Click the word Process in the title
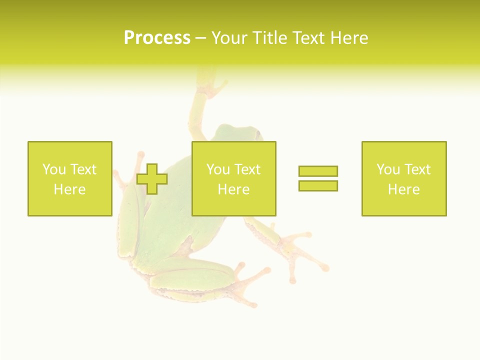(x=157, y=38)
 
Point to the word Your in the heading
(x=231, y=38)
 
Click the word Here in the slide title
(x=348, y=38)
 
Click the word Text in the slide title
(x=309, y=38)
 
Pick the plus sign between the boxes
(x=152, y=179)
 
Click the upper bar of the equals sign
(x=318, y=171)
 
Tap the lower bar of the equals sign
(x=318, y=185)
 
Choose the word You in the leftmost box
(x=53, y=169)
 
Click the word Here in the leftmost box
(x=69, y=189)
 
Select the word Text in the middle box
(x=247, y=169)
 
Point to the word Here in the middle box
(x=233, y=189)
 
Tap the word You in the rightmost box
(x=387, y=169)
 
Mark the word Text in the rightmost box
(x=417, y=169)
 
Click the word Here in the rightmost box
(x=403, y=189)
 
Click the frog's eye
(x=258, y=134)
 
